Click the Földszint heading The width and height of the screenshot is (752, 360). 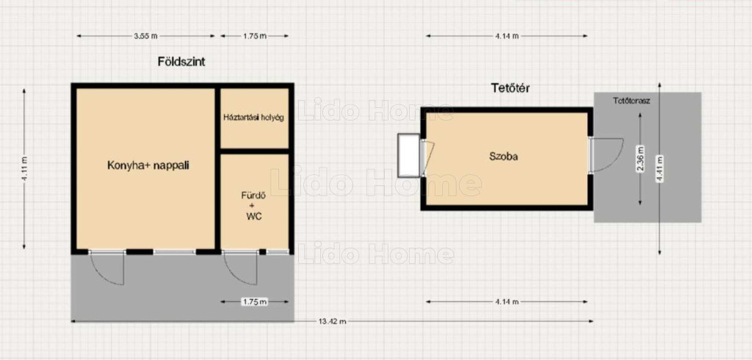point(181,62)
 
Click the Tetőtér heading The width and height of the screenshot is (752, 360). point(510,88)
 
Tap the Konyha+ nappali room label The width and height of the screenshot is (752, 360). point(148,165)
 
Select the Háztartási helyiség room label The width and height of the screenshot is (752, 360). point(253,117)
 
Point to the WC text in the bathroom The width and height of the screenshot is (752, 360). point(253,217)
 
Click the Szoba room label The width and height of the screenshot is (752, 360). point(504,156)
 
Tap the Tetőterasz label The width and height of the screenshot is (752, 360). point(632,101)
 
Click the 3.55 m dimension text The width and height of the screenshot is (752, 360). point(147,35)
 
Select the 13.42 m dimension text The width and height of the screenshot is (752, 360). point(332,321)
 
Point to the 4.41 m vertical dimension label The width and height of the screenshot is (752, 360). point(660,169)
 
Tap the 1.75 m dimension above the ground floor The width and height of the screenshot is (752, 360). point(255,35)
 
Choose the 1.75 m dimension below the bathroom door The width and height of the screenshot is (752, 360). point(255,301)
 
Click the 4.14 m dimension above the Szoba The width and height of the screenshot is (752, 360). point(507,35)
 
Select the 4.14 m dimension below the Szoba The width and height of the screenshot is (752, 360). point(507,301)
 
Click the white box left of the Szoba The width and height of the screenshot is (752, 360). point(408,156)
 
